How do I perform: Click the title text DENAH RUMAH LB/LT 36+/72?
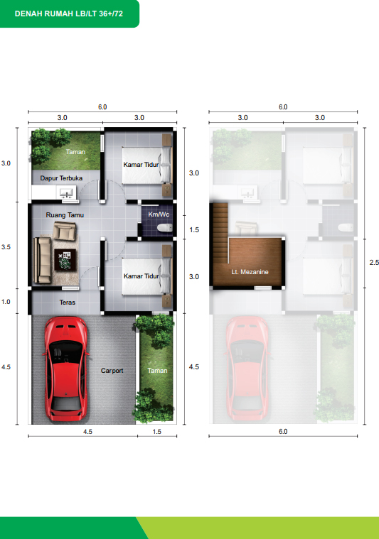[x=69, y=13]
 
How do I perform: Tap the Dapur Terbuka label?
[x=61, y=178]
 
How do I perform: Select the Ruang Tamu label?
[x=65, y=215]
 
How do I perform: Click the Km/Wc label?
[x=159, y=214]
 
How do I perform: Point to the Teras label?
[x=67, y=302]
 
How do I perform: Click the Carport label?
[x=112, y=371]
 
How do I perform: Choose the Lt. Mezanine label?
[x=250, y=272]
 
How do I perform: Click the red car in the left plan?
[x=65, y=369]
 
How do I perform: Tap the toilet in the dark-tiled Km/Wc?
[x=164, y=227]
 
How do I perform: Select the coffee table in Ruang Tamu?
[x=65, y=259]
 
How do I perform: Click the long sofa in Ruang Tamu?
[x=42, y=261]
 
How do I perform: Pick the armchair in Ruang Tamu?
[x=65, y=231]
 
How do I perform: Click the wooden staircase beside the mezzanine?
[x=220, y=233]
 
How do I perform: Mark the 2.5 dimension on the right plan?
[x=374, y=262]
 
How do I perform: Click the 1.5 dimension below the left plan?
[x=157, y=431]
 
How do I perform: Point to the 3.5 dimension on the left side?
[x=6, y=247]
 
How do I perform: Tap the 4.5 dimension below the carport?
[x=87, y=431]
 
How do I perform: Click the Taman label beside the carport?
[x=157, y=371]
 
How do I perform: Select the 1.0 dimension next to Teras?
[x=6, y=302]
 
